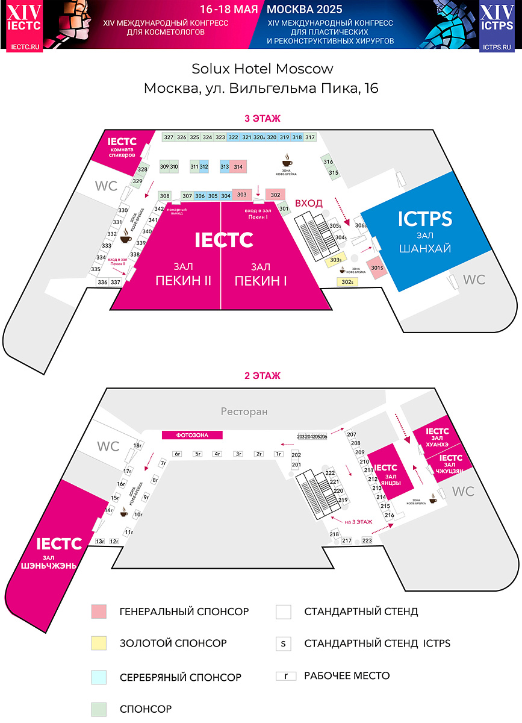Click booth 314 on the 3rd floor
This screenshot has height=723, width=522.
pos(238,167)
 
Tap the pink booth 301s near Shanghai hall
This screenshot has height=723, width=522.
pos(377,268)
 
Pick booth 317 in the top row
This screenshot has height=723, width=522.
pos(310,137)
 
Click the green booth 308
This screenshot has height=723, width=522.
pos(165,196)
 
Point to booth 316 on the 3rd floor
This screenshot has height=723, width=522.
pos(328,162)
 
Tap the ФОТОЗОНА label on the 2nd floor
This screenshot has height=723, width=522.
pos(192,434)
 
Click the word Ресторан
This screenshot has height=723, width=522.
pos(244,412)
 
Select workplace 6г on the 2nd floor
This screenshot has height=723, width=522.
pos(178,454)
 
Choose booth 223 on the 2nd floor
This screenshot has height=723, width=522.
pos(367,540)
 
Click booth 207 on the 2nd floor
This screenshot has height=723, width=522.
pos(352,435)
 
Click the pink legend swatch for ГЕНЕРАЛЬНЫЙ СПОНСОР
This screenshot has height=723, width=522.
pos(99,612)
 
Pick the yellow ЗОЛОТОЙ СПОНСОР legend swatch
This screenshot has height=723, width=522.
pos(99,643)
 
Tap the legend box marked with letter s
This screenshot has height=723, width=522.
pos(283,643)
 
